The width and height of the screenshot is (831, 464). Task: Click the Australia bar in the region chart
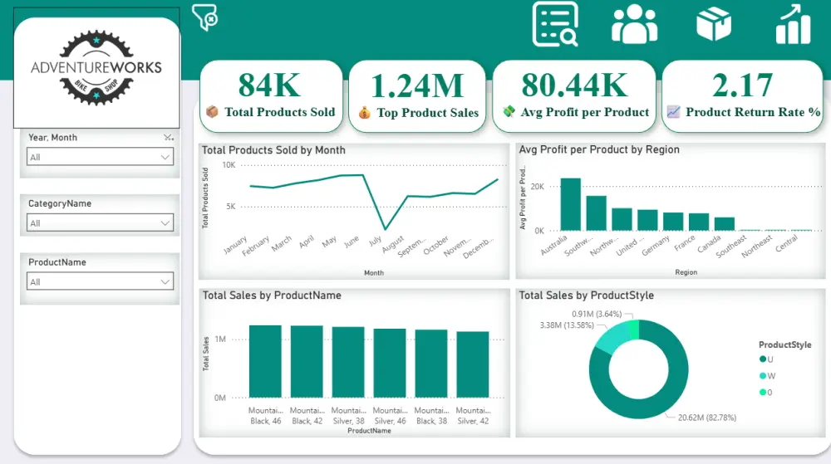tap(570, 205)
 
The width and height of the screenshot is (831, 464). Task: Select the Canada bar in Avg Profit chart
tap(725, 224)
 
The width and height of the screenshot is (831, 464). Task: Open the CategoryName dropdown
tap(100, 222)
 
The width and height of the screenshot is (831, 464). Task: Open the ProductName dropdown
tap(100, 281)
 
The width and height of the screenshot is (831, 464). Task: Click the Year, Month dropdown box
tap(100, 157)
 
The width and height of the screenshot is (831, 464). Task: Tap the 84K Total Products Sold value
tap(269, 85)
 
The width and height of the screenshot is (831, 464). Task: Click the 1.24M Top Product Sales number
tap(417, 85)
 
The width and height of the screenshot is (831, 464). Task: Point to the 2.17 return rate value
tap(742, 85)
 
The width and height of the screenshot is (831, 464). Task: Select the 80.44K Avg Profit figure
tap(574, 85)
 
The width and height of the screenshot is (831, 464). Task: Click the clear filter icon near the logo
tap(204, 17)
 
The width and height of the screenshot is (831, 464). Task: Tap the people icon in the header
tap(634, 24)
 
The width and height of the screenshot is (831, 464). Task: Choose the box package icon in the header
tap(713, 24)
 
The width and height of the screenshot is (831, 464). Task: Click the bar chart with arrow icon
tap(793, 24)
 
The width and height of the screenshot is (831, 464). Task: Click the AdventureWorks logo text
tap(96, 67)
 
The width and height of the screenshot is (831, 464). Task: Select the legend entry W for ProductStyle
tap(771, 376)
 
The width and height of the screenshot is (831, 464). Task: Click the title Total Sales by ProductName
tap(272, 295)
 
